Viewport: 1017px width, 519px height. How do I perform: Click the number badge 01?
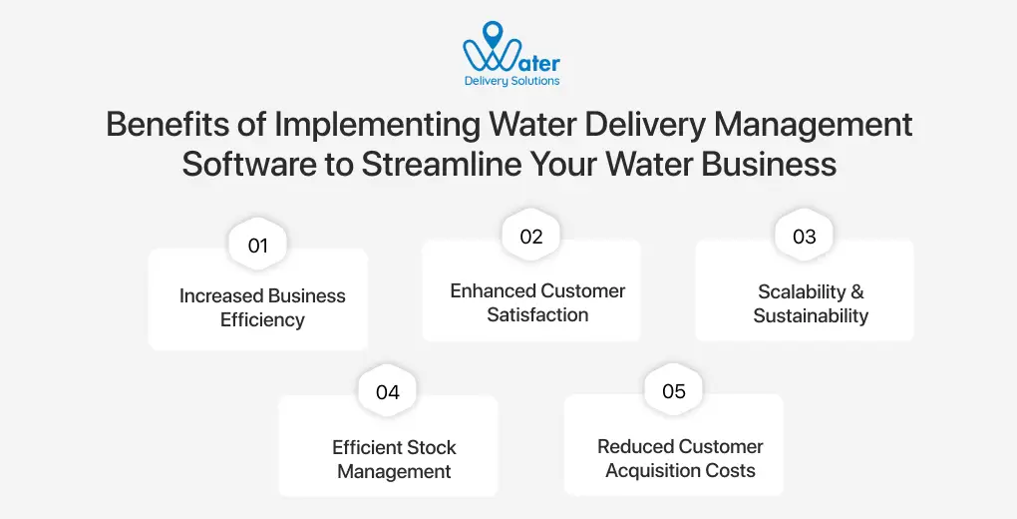(258, 246)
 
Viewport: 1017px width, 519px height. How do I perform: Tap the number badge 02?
(530, 237)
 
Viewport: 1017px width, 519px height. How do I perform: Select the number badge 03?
(804, 237)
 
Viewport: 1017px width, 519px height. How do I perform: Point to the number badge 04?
(388, 392)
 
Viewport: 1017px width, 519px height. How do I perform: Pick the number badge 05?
(674, 391)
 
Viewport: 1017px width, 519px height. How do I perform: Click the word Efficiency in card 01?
(262, 320)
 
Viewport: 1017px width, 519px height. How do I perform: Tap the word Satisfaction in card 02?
(537, 315)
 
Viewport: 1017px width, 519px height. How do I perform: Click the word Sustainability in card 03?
(811, 315)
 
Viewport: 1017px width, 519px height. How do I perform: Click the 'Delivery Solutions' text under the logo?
(511, 81)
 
